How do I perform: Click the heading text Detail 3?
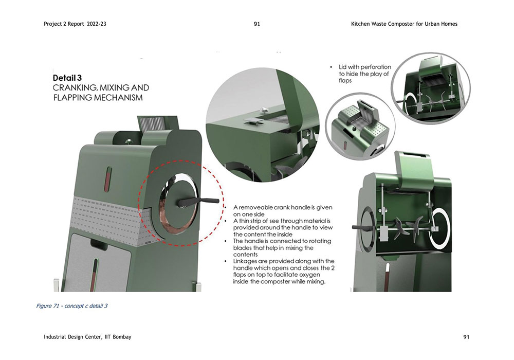pyautogui.click(x=67, y=78)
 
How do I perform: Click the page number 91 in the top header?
pyautogui.click(x=257, y=24)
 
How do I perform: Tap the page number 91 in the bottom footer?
pyautogui.click(x=466, y=337)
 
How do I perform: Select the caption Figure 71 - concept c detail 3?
pyautogui.click(x=72, y=306)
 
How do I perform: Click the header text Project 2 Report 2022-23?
pyautogui.click(x=75, y=24)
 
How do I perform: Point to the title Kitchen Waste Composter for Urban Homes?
pyautogui.click(x=404, y=24)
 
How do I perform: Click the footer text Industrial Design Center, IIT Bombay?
pyautogui.click(x=87, y=337)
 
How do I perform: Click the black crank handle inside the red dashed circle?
pyautogui.click(x=198, y=202)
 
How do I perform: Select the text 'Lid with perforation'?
pyautogui.click(x=365, y=67)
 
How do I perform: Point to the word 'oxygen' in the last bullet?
pyautogui.click(x=309, y=275)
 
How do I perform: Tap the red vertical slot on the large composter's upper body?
pyautogui.click(x=108, y=179)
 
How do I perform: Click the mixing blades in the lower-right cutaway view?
pyautogui.click(x=407, y=226)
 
